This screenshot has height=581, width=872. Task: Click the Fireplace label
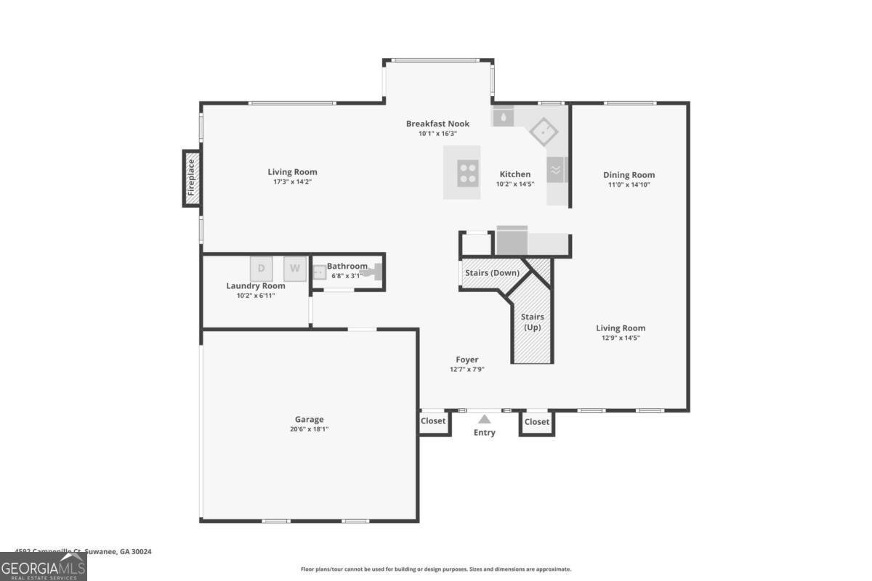(191, 178)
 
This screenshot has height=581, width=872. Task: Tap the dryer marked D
(262, 269)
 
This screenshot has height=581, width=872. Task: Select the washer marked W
(295, 269)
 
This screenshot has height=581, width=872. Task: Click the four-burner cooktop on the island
(467, 172)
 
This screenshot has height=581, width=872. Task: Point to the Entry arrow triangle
(485, 418)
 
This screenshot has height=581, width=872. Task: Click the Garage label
(309, 419)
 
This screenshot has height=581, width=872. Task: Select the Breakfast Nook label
(437, 123)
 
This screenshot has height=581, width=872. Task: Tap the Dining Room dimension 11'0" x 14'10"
(629, 184)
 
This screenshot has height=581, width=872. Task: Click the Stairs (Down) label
(492, 273)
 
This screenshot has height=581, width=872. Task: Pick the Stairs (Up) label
(533, 322)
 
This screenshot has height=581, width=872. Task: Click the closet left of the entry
(433, 421)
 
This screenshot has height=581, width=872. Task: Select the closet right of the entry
(537, 422)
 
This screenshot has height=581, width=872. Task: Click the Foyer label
(467, 359)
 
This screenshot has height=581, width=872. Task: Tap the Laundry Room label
(255, 285)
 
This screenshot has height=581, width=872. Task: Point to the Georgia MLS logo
(43, 566)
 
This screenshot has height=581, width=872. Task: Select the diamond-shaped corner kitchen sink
(544, 131)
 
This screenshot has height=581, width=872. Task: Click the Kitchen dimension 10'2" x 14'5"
(514, 184)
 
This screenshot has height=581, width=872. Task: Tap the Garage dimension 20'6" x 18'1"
(309, 429)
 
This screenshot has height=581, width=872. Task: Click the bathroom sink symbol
(318, 272)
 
